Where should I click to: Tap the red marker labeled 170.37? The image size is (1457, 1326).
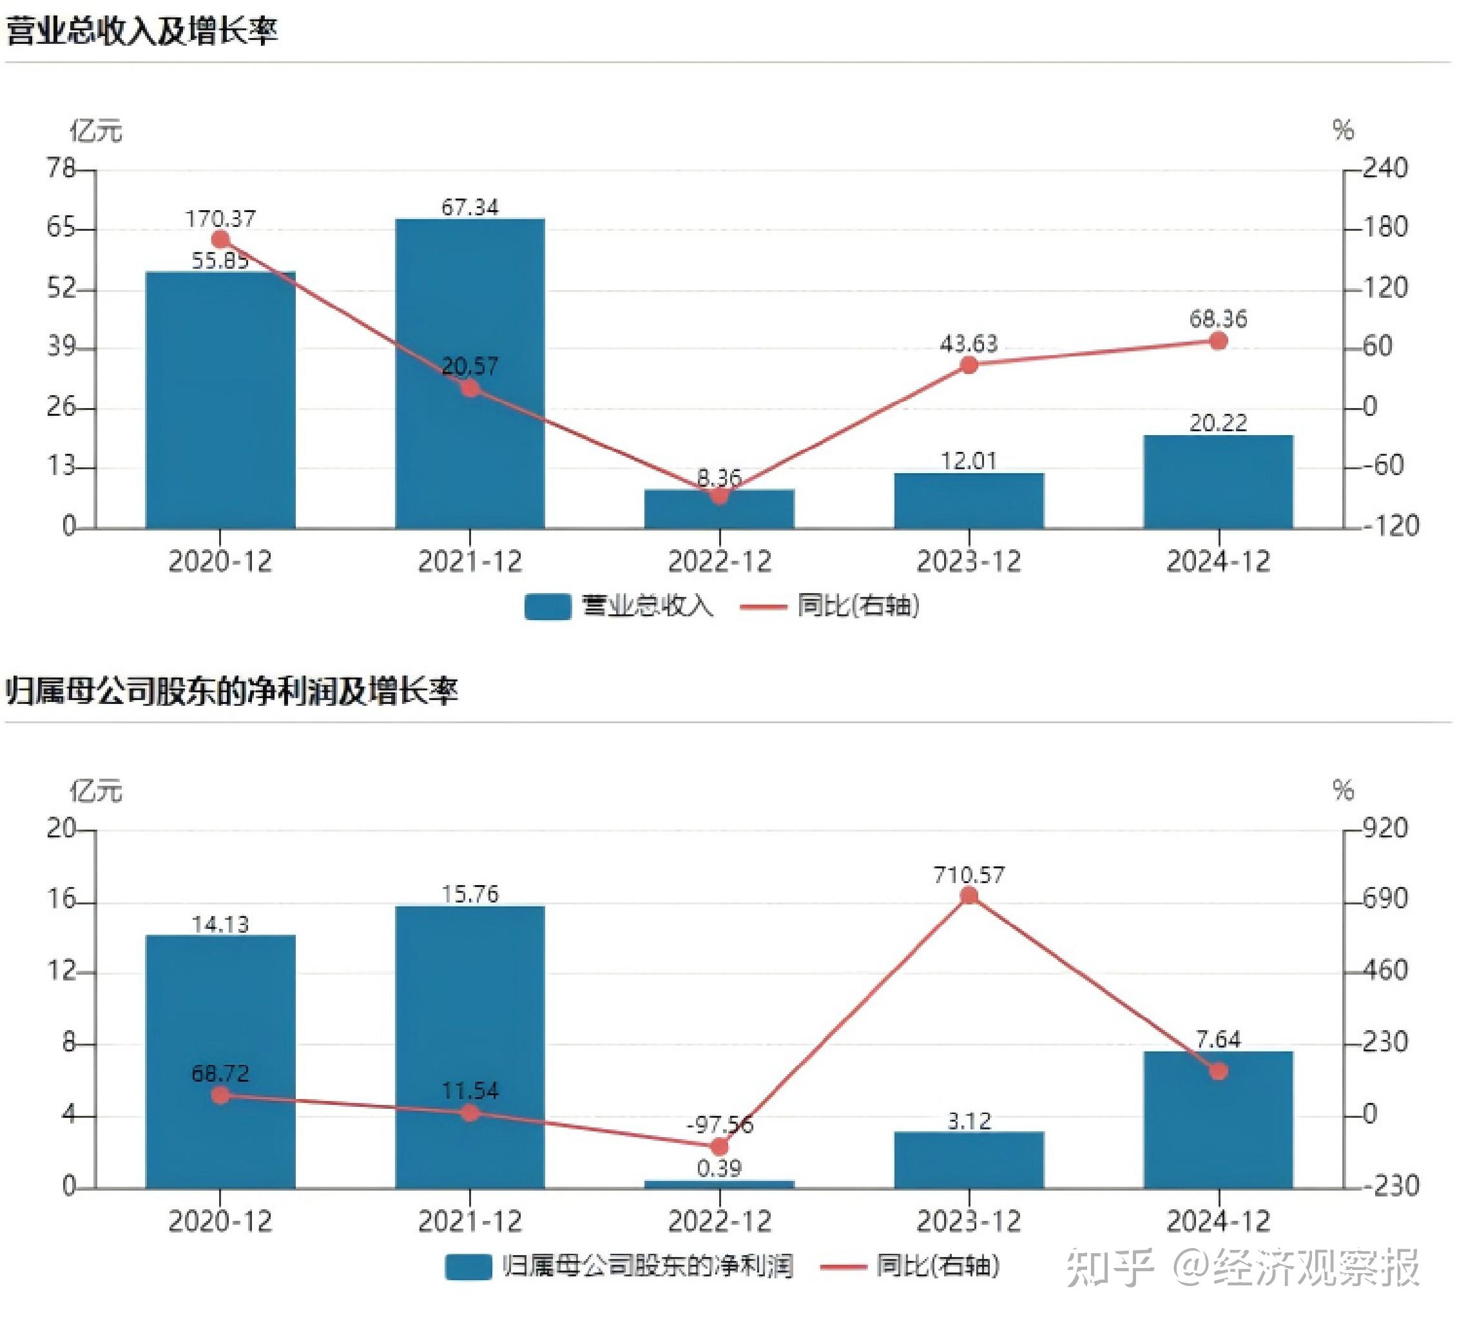220,239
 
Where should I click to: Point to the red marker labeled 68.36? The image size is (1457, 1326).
1218,340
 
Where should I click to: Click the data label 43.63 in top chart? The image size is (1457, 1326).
969,343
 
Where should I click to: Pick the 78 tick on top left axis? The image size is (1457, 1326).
61,168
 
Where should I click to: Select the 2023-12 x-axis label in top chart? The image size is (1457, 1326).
969,561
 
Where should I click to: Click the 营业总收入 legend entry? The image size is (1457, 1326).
620,606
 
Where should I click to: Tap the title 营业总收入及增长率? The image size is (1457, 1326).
142,31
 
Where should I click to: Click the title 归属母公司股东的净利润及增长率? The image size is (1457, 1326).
231,690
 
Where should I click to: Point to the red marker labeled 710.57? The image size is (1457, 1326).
969,897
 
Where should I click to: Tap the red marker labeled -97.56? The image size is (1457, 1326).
719,1147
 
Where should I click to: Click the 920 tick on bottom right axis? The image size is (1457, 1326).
1385,828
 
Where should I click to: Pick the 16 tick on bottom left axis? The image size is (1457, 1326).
61,899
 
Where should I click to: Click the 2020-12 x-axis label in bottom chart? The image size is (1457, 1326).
220,1222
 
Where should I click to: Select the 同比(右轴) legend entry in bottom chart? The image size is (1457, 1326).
911,1266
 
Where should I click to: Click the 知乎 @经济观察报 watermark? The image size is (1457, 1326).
1243,1267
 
